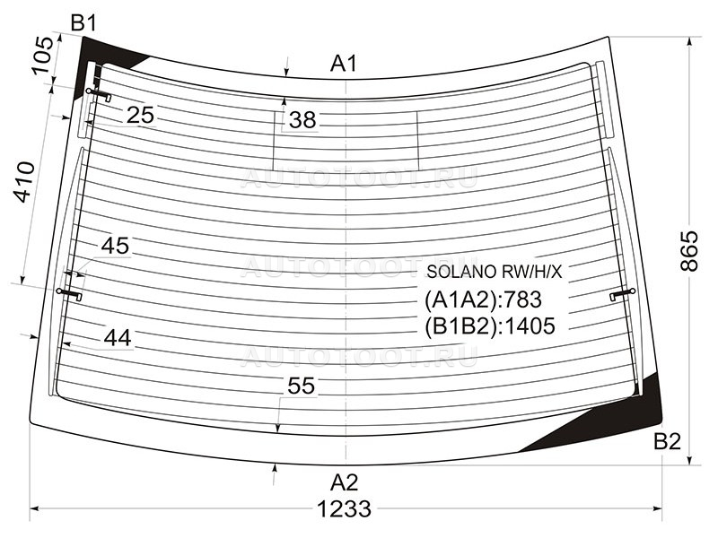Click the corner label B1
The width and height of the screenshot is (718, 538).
pos(83,22)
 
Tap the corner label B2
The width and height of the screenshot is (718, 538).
pos(667,442)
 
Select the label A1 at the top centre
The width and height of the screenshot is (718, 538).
pos(344,64)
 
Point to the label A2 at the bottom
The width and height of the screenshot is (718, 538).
pos(344,482)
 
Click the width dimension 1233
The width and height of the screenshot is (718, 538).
pos(344,508)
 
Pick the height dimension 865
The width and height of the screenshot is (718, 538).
pos(689,251)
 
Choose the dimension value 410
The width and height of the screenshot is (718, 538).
pos(24,182)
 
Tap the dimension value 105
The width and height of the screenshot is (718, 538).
pos(43,55)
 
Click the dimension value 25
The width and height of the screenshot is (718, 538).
pos(140,115)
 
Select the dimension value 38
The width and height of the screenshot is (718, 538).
pos(302,120)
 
